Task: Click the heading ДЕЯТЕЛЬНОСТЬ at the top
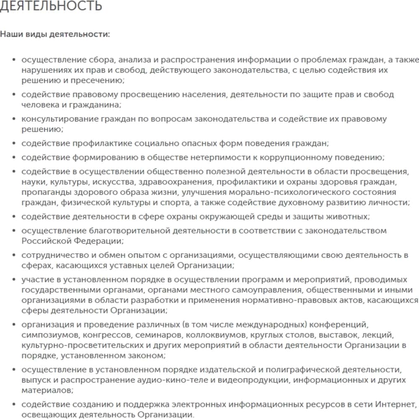(51, 6)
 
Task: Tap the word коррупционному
(296, 158)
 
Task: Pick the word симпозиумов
(51, 335)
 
